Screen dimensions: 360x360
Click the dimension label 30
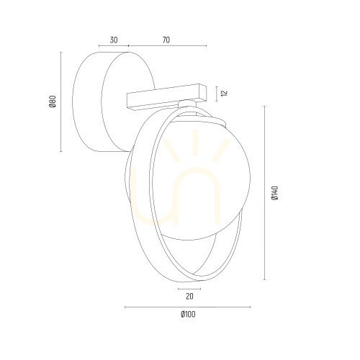click(x=114, y=40)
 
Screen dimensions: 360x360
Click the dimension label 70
click(x=166, y=40)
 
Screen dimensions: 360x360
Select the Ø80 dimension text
click(x=53, y=102)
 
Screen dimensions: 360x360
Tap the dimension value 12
click(x=225, y=93)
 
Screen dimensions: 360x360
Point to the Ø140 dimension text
click(x=274, y=193)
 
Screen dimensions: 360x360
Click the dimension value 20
click(x=189, y=297)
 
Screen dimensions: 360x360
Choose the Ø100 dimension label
click(x=188, y=314)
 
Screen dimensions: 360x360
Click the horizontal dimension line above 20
click(x=189, y=289)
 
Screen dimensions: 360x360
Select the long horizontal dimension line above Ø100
click(x=188, y=307)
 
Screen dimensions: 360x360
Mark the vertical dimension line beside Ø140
click(x=264, y=193)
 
